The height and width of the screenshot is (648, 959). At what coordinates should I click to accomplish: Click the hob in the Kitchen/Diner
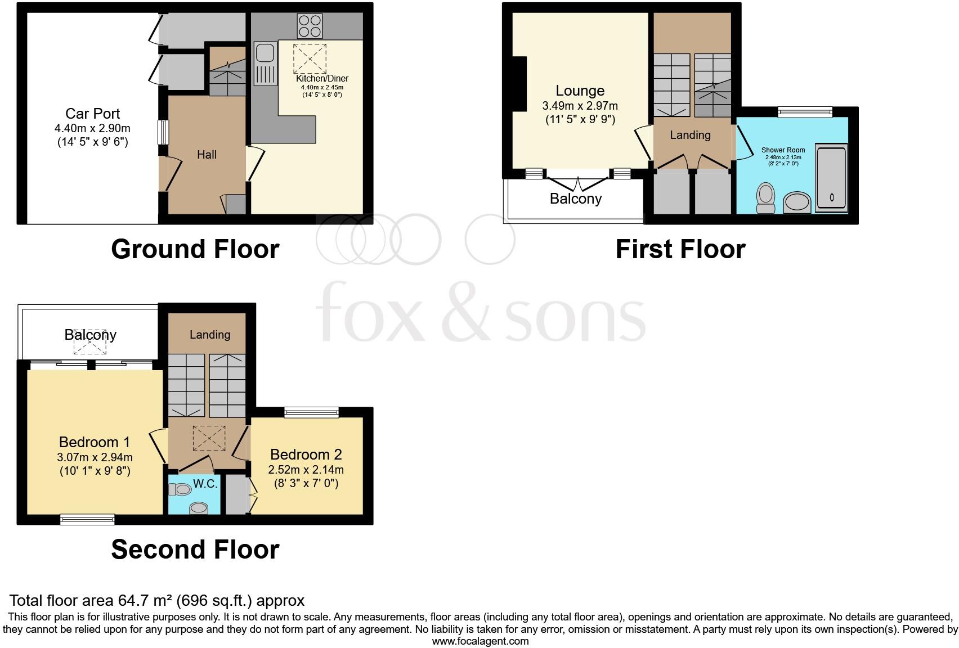[310, 26]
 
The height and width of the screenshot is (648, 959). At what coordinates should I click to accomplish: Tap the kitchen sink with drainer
[265, 64]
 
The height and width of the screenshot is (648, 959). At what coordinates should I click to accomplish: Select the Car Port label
[93, 114]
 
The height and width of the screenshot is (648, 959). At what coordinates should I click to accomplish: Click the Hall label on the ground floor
[207, 155]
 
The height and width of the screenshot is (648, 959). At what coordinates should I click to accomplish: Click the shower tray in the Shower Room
[831, 179]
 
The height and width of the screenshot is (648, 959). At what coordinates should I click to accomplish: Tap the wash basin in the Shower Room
[797, 202]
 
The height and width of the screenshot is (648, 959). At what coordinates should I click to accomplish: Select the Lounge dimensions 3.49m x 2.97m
[580, 106]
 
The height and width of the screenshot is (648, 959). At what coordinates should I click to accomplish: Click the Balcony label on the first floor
[576, 199]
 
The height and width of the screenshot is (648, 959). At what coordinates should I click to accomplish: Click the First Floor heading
[680, 249]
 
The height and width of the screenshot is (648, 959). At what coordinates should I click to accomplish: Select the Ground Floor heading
[195, 249]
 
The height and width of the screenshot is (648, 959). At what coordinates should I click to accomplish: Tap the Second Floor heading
[195, 550]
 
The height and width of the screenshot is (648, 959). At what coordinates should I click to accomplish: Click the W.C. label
[205, 484]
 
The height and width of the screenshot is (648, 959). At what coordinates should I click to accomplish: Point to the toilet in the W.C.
[181, 490]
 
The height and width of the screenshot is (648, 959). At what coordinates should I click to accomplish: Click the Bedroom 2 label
[306, 454]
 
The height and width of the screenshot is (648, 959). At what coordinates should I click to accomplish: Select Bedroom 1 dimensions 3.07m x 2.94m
[95, 457]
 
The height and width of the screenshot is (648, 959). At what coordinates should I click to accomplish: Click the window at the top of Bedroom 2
[312, 413]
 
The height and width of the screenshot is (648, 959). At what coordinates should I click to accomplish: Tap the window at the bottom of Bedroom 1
[87, 520]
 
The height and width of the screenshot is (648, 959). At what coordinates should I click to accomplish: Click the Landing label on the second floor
[210, 335]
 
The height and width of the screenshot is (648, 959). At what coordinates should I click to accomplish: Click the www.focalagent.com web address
[480, 641]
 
